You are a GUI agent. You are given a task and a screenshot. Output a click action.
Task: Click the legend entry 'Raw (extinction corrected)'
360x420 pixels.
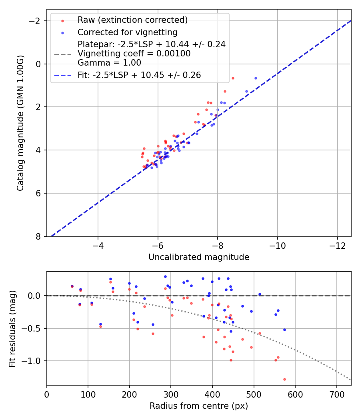click(132, 20)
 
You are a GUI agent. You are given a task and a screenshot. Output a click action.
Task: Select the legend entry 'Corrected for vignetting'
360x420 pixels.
click(127, 32)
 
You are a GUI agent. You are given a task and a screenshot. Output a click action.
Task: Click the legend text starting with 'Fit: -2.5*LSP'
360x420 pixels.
click(139, 75)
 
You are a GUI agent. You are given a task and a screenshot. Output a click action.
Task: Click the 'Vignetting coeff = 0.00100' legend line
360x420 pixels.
click(134, 54)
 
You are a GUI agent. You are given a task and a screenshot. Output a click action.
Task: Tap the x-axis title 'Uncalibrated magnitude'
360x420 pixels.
click(199, 257)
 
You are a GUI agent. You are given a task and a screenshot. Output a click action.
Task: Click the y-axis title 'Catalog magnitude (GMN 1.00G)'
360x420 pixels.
click(20, 123)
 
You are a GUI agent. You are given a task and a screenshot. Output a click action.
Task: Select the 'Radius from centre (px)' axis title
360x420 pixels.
click(199, 406)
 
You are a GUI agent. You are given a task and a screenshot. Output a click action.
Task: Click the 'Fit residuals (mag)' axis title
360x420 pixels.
click(12, 328)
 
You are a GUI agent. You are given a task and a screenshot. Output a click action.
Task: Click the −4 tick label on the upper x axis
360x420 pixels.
click(98, 245)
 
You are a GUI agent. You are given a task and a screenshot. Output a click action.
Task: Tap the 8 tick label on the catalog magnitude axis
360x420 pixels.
click(39, 236)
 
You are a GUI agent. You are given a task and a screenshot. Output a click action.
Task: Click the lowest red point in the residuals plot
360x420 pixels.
click(284, 379)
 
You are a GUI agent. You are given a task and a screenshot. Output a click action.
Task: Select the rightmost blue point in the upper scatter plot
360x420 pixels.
click(256, 78)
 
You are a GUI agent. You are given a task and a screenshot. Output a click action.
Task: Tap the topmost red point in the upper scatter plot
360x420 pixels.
click(233, 78)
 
